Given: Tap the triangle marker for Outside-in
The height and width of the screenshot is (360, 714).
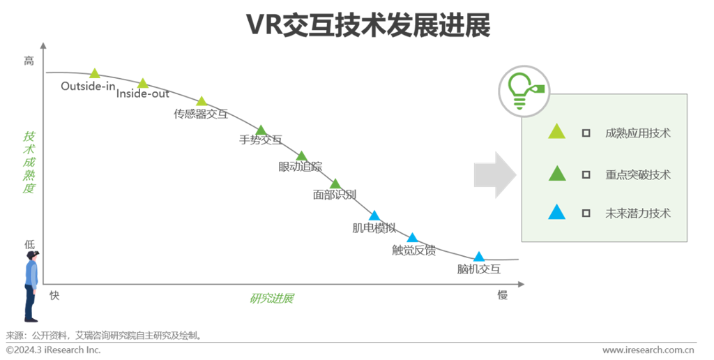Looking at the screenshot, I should pyautogui.click(x=96, y=73).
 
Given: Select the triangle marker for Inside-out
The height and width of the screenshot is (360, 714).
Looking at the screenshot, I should pyautogui.click(x=142, y=83).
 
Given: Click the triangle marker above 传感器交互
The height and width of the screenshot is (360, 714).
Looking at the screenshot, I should pyautogui.click(x=202, y=101).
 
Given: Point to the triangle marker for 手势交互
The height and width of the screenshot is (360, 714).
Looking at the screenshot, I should pyautogui.click(x=261, y=130).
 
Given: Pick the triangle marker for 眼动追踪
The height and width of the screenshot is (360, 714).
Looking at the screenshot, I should pyautogui.click(x=301, y=156).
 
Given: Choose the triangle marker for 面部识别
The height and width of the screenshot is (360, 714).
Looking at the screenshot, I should pyautogui.click(x=335, y=183).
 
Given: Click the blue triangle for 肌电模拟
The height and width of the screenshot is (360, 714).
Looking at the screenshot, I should pyautogui.click(x=374, y=216).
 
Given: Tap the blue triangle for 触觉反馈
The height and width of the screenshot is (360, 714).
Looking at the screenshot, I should pyautogui.click(x=412, y=238).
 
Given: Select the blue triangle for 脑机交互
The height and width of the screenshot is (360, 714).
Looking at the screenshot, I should pyautogui.click(x=479, y=257).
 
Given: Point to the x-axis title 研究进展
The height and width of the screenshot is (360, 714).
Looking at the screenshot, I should pyautogui.click(x=271, y=299).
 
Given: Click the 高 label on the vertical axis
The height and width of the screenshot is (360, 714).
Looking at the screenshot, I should pyautogui.click(x=29, y=61).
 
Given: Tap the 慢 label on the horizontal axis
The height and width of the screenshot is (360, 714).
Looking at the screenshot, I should pyautogui.click(x=502, y=295).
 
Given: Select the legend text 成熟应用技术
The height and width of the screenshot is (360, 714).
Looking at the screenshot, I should pyautogui.click(x=638, y=133).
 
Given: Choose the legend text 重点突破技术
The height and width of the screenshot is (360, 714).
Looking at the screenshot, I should pyautogui.click(x=638, y=174).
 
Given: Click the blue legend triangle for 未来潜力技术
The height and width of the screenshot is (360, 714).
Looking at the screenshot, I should pyautogui.click(x=556, y=212).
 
